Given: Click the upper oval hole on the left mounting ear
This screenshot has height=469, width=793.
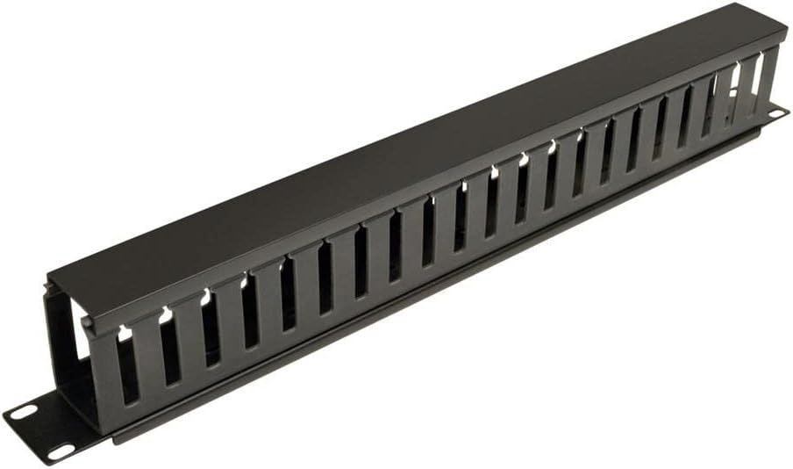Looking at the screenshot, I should (x=24, y=410).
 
